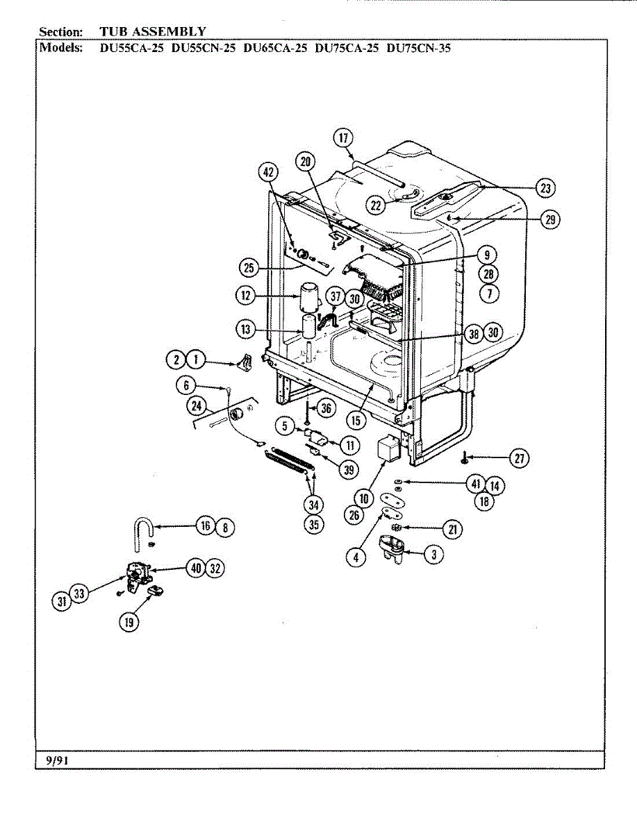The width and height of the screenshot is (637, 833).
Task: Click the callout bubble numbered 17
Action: click(343, 137)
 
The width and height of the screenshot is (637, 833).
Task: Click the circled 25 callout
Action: click(248, 267)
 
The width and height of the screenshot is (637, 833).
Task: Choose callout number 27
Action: click(518, 458)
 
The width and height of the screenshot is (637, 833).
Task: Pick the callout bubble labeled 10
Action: click(363, 497)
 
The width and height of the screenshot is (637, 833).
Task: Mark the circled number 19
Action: click(129, 622)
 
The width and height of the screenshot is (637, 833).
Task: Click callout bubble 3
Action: click(434, 555)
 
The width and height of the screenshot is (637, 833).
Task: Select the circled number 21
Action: click(453, 530)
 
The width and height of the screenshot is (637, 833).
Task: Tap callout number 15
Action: click(357, 421)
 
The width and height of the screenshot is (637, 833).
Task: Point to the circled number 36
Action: click(326, 409)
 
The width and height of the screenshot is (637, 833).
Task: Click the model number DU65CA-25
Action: click(276, 49)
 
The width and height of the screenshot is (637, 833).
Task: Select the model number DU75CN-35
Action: click(419, 49)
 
